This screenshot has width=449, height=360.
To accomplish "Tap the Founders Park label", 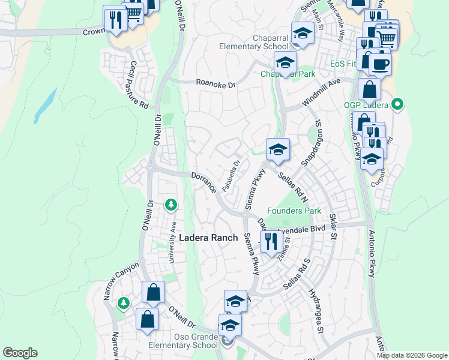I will coord(294,211).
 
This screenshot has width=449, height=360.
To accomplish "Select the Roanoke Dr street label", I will coord(217,85).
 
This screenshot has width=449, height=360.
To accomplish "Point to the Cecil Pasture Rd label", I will coord(139,84).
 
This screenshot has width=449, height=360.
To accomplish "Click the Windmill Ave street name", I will coord(321,92).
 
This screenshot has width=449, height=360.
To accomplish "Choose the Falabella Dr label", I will coord(232,175).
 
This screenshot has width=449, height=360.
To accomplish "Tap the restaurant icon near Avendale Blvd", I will coord(272,241).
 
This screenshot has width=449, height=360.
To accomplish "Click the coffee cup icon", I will coord(380,64).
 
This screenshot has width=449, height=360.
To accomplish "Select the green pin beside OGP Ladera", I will coord(396,105).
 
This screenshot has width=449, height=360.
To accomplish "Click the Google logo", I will coord(20,353).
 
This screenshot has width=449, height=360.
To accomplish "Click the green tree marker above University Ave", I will coord(171,206).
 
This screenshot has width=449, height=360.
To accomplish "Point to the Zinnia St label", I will coord(284,247).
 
